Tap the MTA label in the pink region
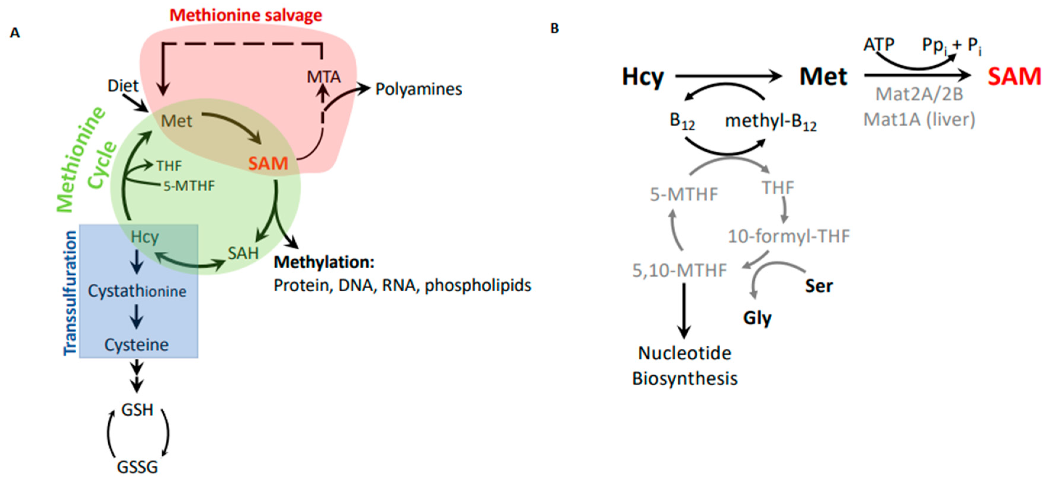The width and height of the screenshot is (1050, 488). pos(324,77)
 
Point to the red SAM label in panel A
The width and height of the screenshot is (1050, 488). pos(268,164)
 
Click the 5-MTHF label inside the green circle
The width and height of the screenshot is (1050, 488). pos(189,186)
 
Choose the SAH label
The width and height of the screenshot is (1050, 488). pos(243,253)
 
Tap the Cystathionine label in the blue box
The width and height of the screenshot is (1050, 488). pos(137,291)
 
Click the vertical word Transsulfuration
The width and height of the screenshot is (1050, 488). pos(70,293)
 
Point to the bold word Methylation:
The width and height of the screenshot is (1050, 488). pos(324,262)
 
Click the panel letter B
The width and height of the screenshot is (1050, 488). pos(554,28)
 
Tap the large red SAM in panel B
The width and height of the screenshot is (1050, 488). pos(1014,77)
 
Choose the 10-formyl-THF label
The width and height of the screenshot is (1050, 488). pos(789,236)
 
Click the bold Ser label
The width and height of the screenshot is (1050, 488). pos(819,286)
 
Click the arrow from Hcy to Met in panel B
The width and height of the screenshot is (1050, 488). pos(728,76)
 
